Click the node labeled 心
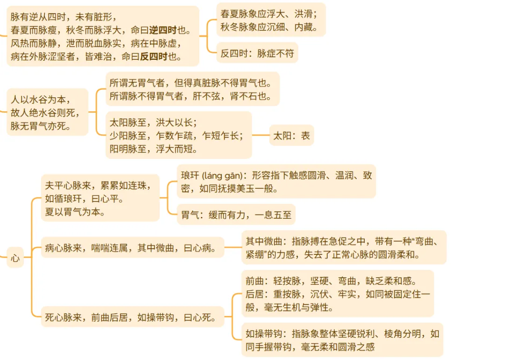tap(15, 257)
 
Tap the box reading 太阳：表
tap(291, 136)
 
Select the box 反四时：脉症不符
tap(257, 53)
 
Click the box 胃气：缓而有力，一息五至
tap(236, 216)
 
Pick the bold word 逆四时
tap(162, 31)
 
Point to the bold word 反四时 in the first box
tap(153, 57)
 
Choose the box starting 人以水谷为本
tap(47, 112)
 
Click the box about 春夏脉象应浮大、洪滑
tap(270, 20)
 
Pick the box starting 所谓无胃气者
tap(192, 89)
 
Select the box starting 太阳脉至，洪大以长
tap(178, 135)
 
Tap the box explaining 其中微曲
tap(344, 248)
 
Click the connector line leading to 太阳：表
tap(260, 136)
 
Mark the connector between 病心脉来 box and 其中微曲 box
tap(232, 247)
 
